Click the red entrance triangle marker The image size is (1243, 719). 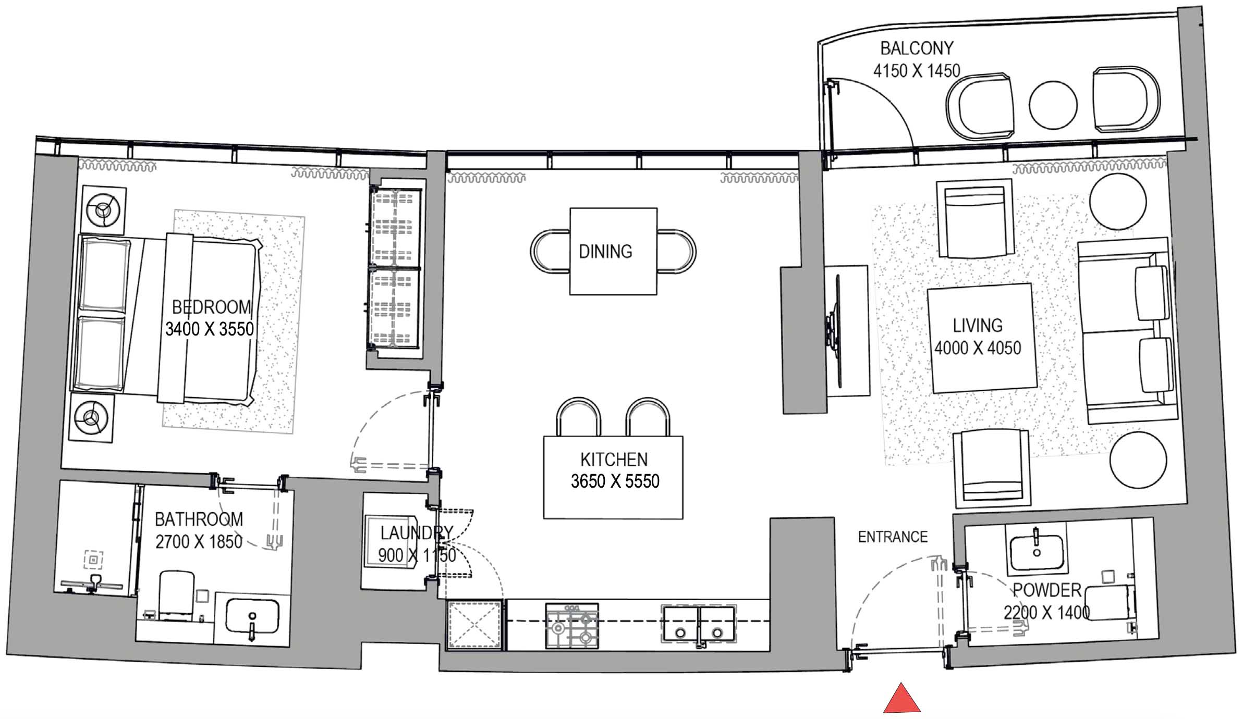901,700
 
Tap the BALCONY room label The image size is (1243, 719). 917,48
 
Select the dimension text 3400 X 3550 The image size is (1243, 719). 210,329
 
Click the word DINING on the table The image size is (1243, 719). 605,252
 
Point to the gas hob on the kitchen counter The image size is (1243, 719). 572,626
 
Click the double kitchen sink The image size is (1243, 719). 699,624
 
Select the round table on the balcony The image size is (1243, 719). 1053,105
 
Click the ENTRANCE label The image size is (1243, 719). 893,537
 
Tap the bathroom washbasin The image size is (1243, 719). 252,616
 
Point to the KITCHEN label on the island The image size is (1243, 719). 614,460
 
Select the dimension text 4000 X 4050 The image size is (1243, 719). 977,348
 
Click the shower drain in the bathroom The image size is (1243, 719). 93,560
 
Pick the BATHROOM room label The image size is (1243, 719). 199,519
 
